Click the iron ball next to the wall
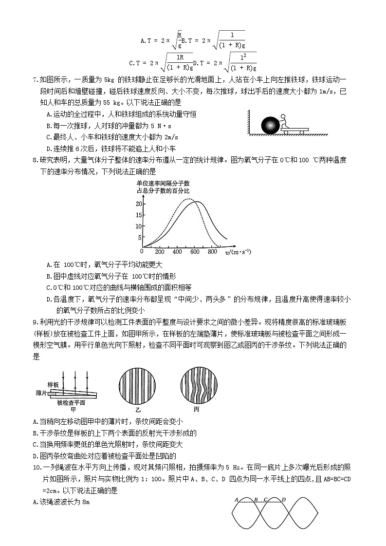coord(270,126)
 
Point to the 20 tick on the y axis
coord(138,204)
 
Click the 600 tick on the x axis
coord(195,252)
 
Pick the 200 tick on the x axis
coord(159,252)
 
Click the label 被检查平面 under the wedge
coord(71,403)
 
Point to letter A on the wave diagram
coord(236,499)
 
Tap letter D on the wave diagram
coord(283,499)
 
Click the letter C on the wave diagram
coord(265,499)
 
